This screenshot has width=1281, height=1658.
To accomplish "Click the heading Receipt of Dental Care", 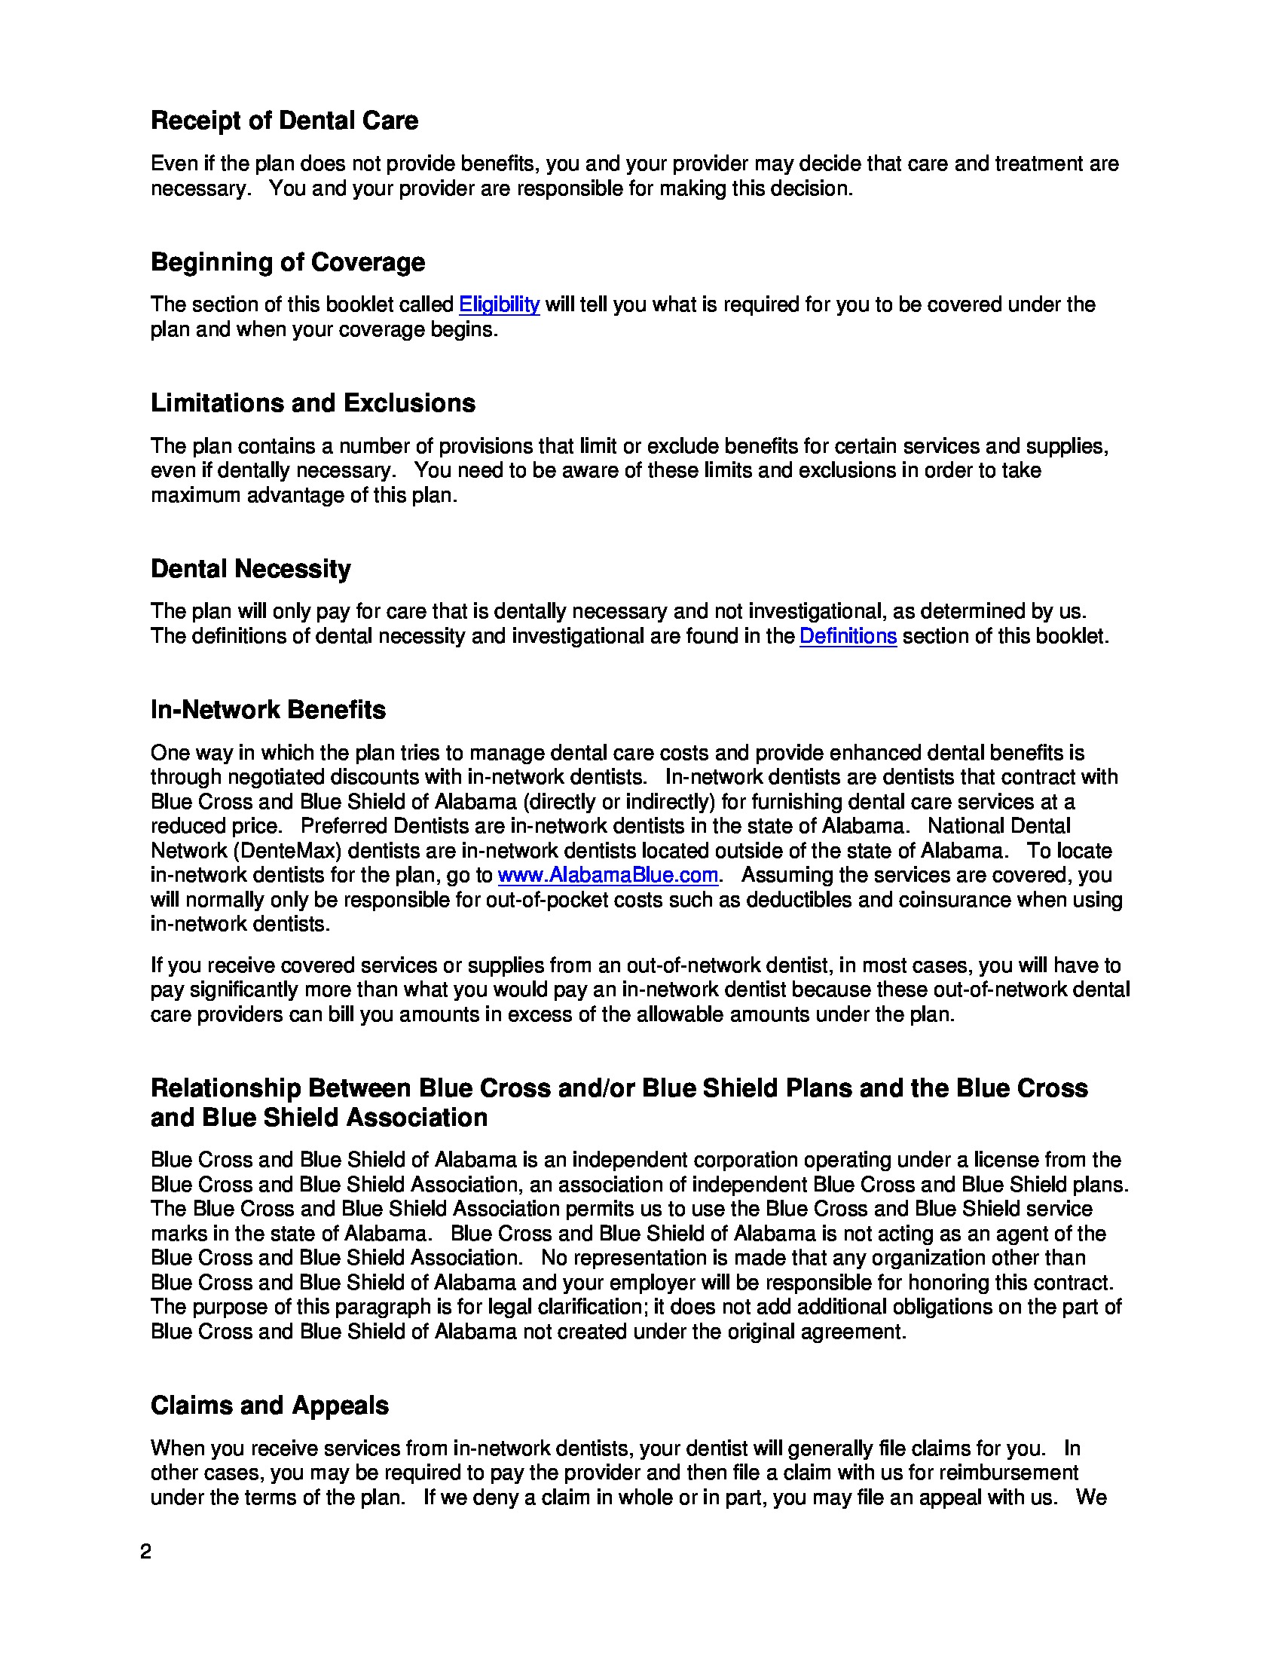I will [x=284, y=121].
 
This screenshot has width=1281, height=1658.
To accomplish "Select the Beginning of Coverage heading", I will [x=288, y=262].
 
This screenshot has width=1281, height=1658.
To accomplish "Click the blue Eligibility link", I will [x=499, y=304].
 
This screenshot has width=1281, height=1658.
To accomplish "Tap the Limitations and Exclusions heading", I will [x=313, y=403].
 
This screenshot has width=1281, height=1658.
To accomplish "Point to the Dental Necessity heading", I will [x=250, y=568].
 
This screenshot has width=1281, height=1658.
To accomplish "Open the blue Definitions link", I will [x=848, y=636].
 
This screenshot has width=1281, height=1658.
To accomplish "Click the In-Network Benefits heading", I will [x=268, y=710].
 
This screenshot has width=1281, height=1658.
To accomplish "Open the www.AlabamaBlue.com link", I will [x=607, y=875].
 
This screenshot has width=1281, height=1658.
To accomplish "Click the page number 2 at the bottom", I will [x=145, y=1552].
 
